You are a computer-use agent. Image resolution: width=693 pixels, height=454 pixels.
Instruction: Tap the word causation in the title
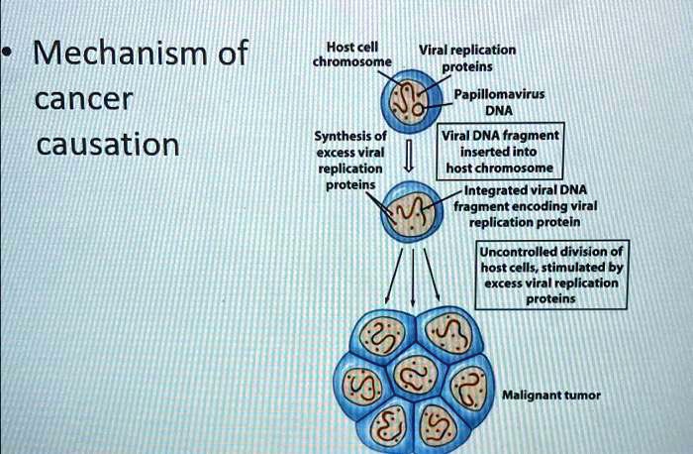107,145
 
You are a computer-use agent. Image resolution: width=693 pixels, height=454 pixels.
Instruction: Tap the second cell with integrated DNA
413,208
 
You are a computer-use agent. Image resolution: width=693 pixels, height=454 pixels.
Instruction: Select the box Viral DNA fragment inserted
501,153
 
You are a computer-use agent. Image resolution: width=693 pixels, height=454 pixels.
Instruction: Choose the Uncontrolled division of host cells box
551,275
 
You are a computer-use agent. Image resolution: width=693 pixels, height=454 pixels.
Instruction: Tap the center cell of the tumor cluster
414,378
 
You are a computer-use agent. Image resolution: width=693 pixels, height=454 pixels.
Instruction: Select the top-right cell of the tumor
448,336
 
